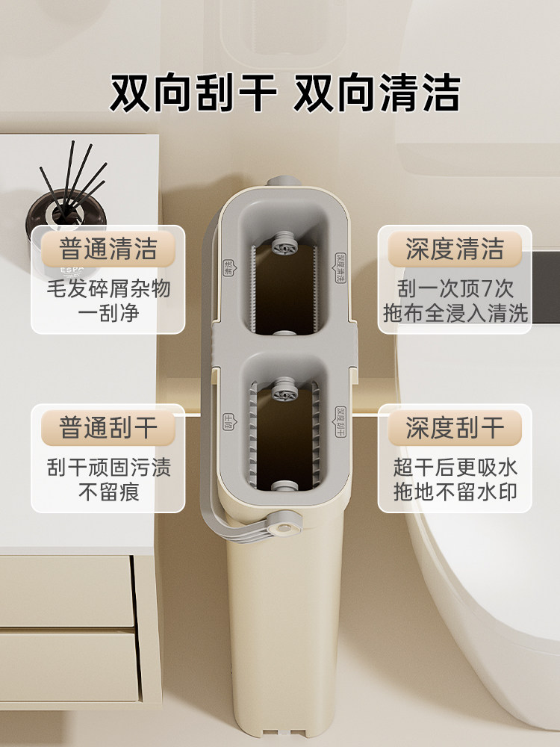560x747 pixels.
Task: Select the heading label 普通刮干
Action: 108,428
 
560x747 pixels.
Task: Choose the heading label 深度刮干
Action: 455,428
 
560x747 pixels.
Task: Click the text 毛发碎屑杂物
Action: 108,288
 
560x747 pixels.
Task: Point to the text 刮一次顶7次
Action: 455,288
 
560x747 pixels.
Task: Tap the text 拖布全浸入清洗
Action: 455,312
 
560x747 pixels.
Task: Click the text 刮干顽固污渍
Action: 108,468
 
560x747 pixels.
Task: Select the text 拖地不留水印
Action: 455,492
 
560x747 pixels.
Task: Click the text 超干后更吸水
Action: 455,468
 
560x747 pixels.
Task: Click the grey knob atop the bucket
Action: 281,182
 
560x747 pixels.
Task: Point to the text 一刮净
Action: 108,312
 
